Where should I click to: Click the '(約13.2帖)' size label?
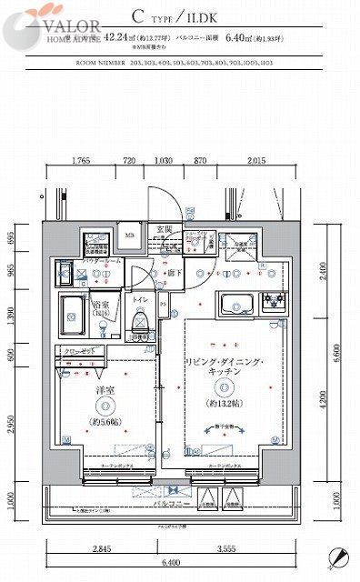(x=223, y=403)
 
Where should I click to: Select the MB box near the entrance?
(x=129, y=235)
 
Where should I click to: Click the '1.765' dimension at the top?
(x=80, y=161)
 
